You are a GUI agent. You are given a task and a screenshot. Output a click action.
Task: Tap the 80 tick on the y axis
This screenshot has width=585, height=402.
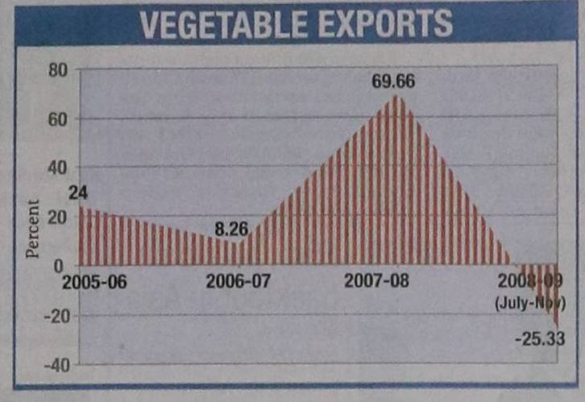(56, 69)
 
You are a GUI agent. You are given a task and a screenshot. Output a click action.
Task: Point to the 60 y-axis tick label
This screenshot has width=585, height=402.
(56, 119)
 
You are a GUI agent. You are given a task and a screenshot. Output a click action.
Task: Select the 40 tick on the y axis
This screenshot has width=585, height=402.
(56, 168)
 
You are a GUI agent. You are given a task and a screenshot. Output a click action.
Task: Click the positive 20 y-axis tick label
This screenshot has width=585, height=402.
(56, 217)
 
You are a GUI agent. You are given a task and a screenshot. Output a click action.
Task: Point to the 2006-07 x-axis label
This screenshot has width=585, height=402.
(238, 282)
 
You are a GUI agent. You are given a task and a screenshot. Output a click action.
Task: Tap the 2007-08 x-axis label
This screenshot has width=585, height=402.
(376, 282)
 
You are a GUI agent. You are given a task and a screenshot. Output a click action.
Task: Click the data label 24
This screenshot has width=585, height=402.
(78, 193)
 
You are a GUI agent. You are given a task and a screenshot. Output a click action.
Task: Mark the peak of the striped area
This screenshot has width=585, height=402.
(396, 96)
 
